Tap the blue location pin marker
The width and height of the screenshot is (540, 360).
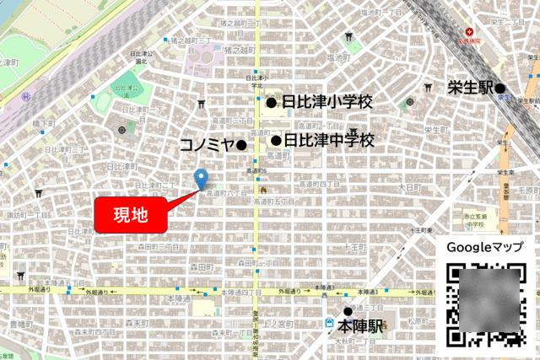201,179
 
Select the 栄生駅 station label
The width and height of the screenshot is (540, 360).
468,87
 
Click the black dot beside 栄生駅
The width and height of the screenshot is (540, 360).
500,88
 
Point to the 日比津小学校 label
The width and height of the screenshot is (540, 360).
327,103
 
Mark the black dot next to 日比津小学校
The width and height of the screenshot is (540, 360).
271,103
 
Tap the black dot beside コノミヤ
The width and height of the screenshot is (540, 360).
241,145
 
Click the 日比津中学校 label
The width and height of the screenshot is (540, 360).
328,140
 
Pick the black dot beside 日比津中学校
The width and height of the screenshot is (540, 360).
276,140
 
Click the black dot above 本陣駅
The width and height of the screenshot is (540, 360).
348,311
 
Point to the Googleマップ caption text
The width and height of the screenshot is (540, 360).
485,248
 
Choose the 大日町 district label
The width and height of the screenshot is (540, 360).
408,186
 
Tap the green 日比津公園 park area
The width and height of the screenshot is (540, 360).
127,85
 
